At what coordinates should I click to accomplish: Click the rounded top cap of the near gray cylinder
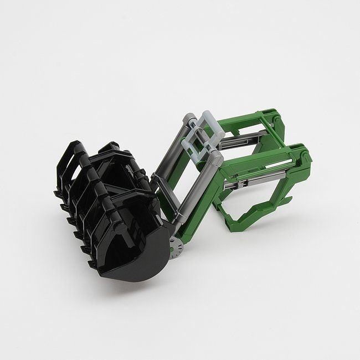point(217,158)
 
